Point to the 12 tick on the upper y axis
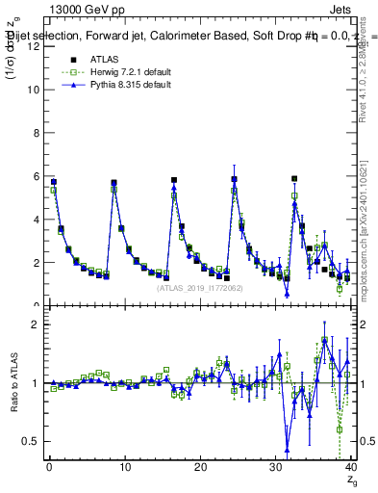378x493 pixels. (x=37, y=46)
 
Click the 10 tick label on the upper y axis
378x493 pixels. (x=35, y=90)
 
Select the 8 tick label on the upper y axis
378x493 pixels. (x=37, y=133)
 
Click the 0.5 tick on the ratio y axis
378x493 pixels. (x=33, y=441)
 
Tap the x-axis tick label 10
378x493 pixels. (x=124, y=467)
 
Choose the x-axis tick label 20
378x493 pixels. (x=199, y=467)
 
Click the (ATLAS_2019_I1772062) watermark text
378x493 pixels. (x=199, y=287)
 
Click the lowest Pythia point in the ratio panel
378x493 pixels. (x=287, y=449)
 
